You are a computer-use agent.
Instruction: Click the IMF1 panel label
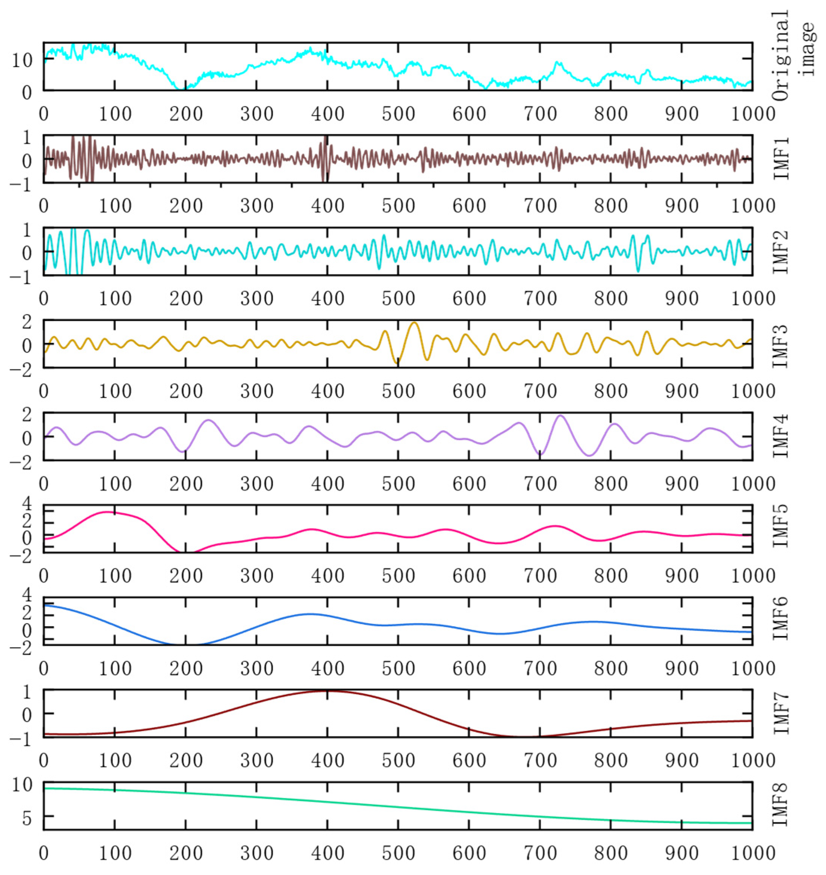pyautogui.click(x=781, y=158)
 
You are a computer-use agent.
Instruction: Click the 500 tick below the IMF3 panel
pyautogui.click(x=398, y=391)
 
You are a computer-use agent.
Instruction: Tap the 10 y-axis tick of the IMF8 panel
pyautogui.click(x=22, y=785)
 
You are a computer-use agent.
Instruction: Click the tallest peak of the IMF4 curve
pyautogui.click(x=560, y=415)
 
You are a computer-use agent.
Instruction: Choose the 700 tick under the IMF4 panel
pyautogui.click(x=540, y=483)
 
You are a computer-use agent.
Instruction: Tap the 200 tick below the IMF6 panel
pyautogui.click(x=186, y=668)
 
